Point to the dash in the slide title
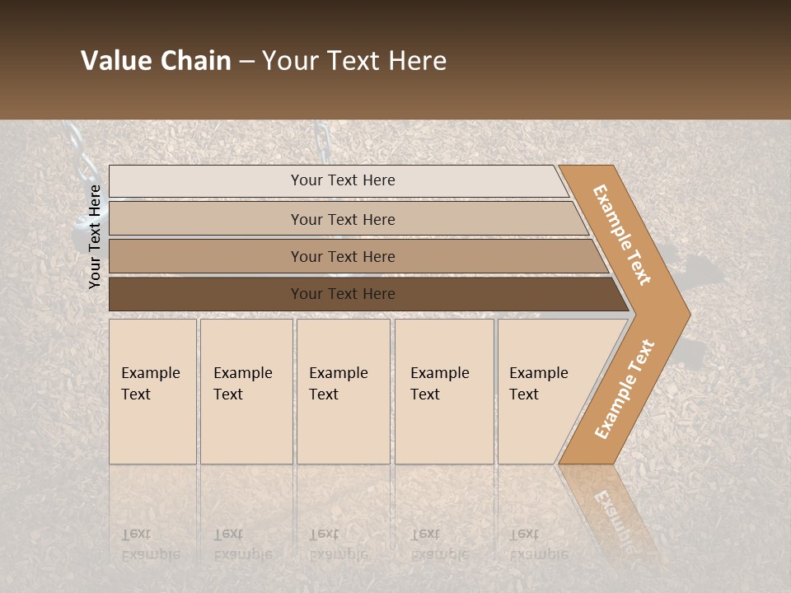pos(246,62)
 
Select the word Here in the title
pos(418,61)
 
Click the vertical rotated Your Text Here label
pos(95,236)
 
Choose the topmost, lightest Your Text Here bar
pos(342,180)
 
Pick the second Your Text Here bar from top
pos(342,219)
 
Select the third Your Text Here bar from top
pos(342,256)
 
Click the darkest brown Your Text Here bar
pos(342,294)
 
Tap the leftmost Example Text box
pos(152,390)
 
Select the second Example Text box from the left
pos(246,390)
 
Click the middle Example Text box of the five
pos(342,390)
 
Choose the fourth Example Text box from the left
pos(443,390)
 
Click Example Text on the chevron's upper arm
pos(623,235)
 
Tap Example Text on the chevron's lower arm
pos(625,389)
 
